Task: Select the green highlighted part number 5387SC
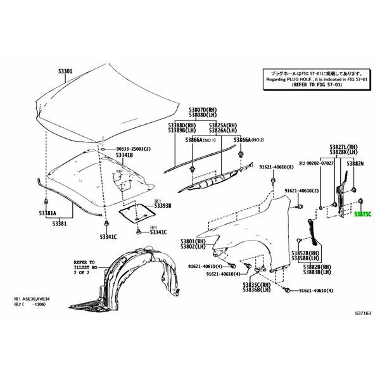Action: point(362,215)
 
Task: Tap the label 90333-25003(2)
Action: point(134,149)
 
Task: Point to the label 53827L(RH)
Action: point(343,146)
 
